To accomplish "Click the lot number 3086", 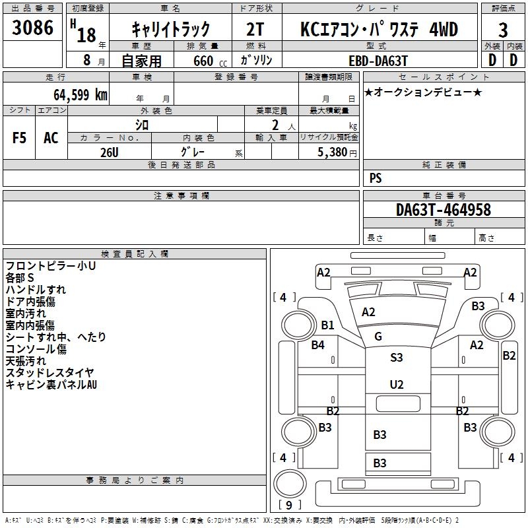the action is (x=32, y=28).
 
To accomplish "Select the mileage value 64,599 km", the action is (x=81, y=95).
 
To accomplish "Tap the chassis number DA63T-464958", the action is (x=444, y=210).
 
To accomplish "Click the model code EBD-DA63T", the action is (x=378, y=61).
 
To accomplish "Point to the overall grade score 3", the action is (x=503, y=30).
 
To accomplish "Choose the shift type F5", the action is (x=19, y=138).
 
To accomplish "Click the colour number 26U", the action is (x=110, y=152).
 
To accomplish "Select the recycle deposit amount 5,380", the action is (x=333, y=152).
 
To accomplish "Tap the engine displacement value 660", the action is (x=203, y=61).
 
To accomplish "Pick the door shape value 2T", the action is (x=255, y=29).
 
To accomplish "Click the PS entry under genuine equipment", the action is (x=376, y=178).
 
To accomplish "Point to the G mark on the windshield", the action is (x=378, y=336).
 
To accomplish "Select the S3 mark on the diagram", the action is (x=397, y=357).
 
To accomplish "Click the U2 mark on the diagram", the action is (x=397, y=385).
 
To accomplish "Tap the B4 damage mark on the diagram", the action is (x=317, y=345).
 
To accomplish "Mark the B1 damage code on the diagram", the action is (x=327, y=325).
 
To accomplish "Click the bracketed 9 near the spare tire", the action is (x=289, y=505).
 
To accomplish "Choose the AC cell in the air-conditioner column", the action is (x=51, y=138).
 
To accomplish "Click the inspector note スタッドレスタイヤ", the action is (x=50, y=372).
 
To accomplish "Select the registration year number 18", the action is (x=86, y=35).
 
